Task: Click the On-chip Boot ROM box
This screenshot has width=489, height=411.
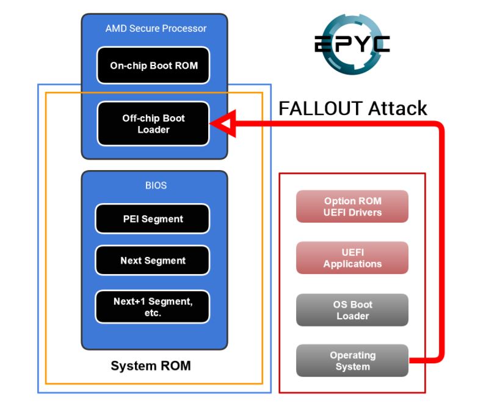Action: coord(153,65)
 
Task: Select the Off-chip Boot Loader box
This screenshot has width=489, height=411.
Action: coord(153,124)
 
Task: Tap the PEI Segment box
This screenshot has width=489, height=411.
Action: coord(152,218)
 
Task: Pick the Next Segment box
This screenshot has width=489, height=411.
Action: coord(152,261)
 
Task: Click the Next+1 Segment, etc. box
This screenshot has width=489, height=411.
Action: coord(152,306)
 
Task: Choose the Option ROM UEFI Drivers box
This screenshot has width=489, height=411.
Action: coord(352,207)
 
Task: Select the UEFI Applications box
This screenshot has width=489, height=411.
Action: coord(352,258)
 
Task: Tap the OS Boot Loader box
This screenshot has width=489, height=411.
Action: coord(352,310)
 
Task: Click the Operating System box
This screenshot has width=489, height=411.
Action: coord(352,361)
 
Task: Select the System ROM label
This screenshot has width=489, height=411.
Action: coord(150,366)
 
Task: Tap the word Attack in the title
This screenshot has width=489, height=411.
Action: coord(397,109)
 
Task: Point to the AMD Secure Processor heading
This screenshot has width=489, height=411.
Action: coord(156,28)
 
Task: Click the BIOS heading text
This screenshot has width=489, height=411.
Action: coord(156,185)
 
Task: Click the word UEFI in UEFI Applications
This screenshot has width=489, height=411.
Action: coord(352,253)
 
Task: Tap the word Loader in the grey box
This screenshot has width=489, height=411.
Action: coord(353,316)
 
